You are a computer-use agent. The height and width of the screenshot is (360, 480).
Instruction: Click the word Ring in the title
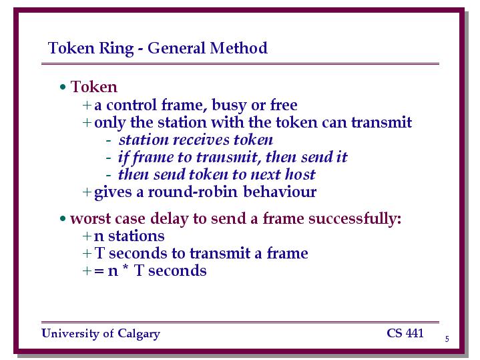click(x=116, y=48)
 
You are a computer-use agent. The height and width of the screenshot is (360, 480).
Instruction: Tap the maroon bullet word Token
click(x=93, y=87)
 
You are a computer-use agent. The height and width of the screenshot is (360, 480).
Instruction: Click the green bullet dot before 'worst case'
click(x=63, y=219)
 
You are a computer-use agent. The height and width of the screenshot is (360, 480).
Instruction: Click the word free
click(x=284, y=105)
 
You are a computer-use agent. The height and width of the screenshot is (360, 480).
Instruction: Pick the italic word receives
click(x=201, y=140)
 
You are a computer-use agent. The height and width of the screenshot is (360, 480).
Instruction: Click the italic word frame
click(x=153, y=158)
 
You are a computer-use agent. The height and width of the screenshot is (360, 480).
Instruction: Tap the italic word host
click(x=300, y=174)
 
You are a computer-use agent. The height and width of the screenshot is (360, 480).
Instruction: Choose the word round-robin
click(x=193, y=192)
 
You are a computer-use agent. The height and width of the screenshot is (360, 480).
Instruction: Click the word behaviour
click(x=280, y=192)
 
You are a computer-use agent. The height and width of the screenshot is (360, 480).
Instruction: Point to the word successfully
click(x=354, y=219)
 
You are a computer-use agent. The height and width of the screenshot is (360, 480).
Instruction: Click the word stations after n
click(x=136, y=236)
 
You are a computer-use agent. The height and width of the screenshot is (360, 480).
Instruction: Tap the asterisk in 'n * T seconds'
click(x=126, y=267)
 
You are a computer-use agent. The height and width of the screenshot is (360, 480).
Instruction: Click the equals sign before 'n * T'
click(x=99, y=271)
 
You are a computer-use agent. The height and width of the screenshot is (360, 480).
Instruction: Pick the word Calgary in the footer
click(x=139, y=334)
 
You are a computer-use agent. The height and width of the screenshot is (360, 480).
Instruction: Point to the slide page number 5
click(x=447, y=339)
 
